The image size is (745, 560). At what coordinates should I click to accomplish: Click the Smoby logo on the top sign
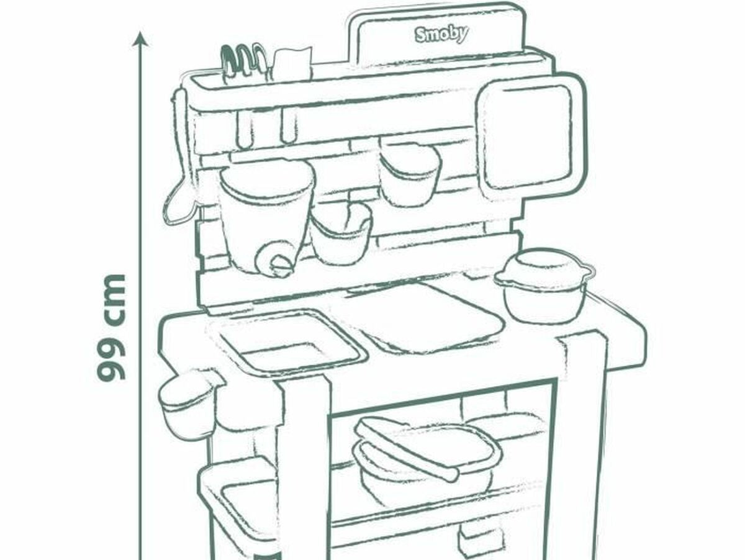441,35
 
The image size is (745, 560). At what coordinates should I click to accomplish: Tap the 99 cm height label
112,327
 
